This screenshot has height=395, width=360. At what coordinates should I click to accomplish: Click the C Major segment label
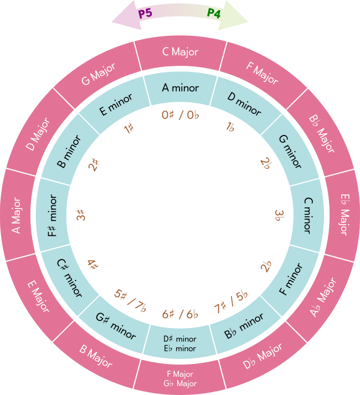(x=180, y=52)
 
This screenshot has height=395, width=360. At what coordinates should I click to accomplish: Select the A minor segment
(x=180, y=87)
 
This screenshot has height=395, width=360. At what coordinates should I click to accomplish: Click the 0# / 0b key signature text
(x=180, y=115)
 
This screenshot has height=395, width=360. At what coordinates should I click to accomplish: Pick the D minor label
(x=244, y=103)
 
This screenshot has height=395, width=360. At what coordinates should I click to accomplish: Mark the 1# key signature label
(x=130, y=129)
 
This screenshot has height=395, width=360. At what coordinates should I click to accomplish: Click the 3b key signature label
(x=280, y=214)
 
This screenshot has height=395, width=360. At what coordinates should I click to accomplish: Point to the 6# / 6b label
(x=181, y=314)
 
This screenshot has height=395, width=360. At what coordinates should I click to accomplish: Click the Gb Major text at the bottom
(x=181, y=383)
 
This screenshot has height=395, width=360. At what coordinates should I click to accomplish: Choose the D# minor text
(x=181, y=339)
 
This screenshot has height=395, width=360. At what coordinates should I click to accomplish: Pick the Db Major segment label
(x=263, y=356)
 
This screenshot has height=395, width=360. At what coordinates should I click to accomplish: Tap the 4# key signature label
(x=93, y=264)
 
